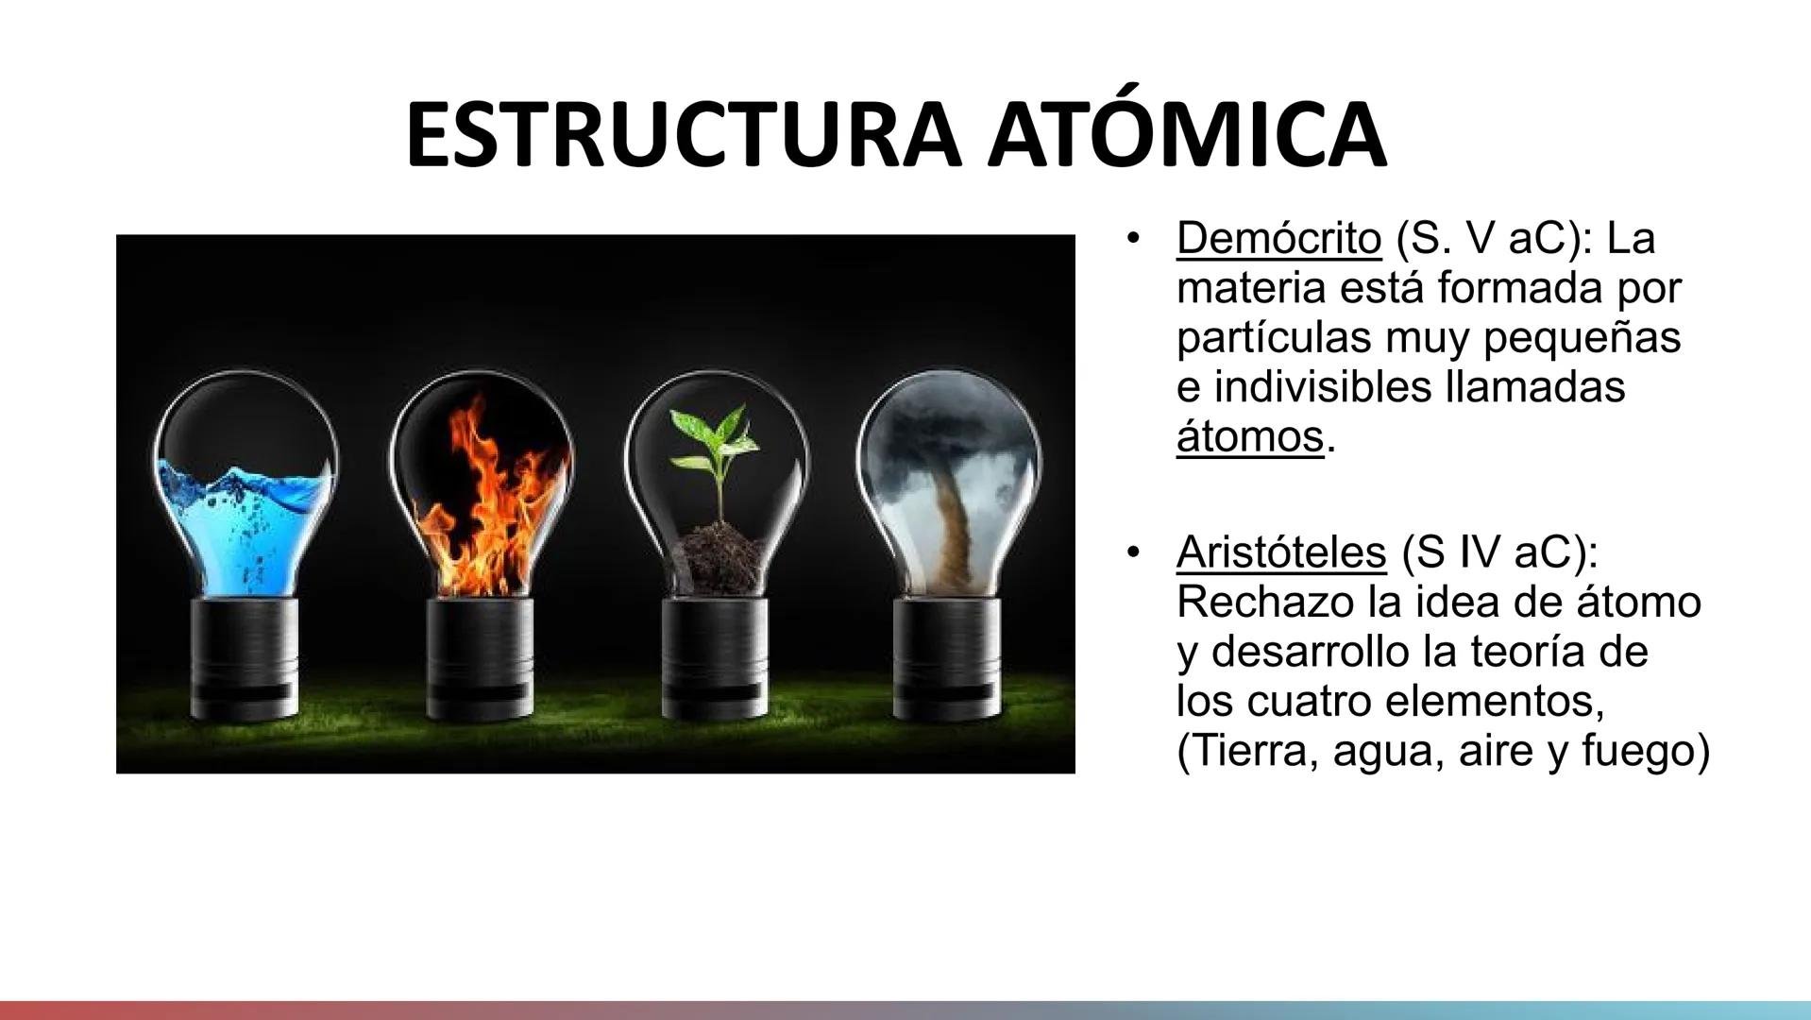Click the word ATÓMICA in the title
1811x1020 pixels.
(x=1188, y=134)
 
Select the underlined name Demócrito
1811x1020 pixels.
(x=1278, y=239)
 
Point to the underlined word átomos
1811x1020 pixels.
(x=1249, y=437)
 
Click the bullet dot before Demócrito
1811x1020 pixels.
(x=1130, y=238)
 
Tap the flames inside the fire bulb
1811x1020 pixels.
(x=482, y=510)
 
